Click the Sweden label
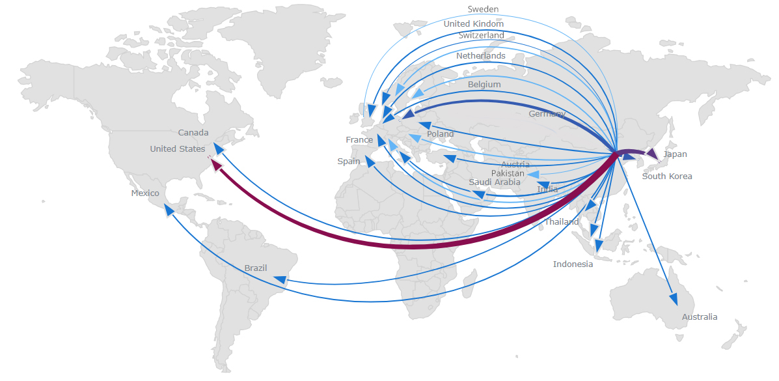pyautogui.click(x=483, y=9)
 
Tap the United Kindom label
pyautogui.click(x=473, y=24)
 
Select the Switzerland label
pyautogui.click(x=481, y=35)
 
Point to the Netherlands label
pyautogui.click(x=480, y=56)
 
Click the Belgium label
pyautogui.click(x=484, y=85)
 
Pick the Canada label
pyautogui.click(x=193, y=133)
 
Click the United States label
pyautogui.click(x=177, y=149)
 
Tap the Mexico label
pyautogui.click(x=145, y=193)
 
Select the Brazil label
pyautogui.click(x=256, y=268)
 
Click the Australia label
pyautogui.click(x=700, y=317)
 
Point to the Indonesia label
pyautogui.click(x=573, y=264)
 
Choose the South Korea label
pyautogui.click(x=667, y=176)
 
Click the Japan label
pyautogui.click(x=675, y=155)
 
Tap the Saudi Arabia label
pyautogui.click(x=495, y=182)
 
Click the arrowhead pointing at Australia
pyautogui.click(x=674, y=299)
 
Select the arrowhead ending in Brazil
pyautogui.click(x=280, y=281)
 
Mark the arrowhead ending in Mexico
pyautogui.click(x=169, y=210)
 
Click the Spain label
pyautogui.click(x=348, y=162)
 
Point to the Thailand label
pyautogui.click(x=562, y=222)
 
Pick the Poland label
pyautogui.click(x=441, y=134)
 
